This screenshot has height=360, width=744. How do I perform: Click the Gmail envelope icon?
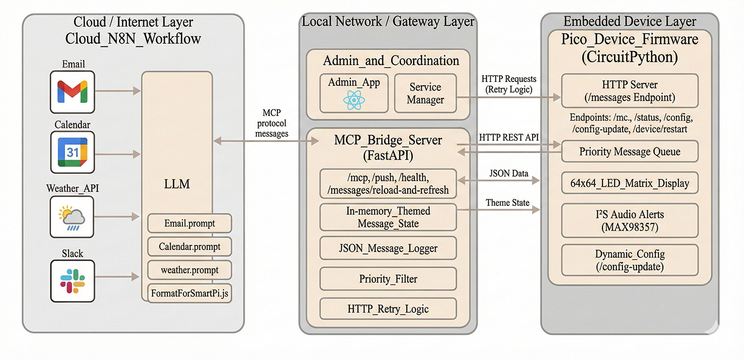[x=72, y=92]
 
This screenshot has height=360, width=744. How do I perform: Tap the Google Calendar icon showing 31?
[x=72, y=152]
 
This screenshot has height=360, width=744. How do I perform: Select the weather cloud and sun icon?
[x=72, y=217]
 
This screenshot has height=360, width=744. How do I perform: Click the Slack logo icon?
[x=73, y=281]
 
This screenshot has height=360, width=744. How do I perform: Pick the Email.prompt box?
[x=189, y=223]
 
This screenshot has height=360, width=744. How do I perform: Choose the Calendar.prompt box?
[x=189, y=247]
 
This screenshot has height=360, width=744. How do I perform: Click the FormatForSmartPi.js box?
[x=189, y=294]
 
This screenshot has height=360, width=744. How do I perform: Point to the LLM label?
[x=177, y=183]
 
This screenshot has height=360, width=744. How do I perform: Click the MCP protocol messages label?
[x=271, y=123]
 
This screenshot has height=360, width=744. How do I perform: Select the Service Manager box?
[x=425, y=93]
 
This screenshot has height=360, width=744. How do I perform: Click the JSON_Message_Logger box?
[x=388, y=248]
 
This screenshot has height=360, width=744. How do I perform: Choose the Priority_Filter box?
[x=388, y=279]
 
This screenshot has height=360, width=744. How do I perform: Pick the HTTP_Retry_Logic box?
[x=388, y=308]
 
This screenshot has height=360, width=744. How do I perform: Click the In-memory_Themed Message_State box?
[x=388, y=217]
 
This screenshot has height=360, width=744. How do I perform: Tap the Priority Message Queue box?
[x=629, y=152]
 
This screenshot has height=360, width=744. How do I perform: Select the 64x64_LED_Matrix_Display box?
[x=629, y=183]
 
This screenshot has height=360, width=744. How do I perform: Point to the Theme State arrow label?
[x=507, y=203]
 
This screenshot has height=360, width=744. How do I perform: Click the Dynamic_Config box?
[x=629, y=260]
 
